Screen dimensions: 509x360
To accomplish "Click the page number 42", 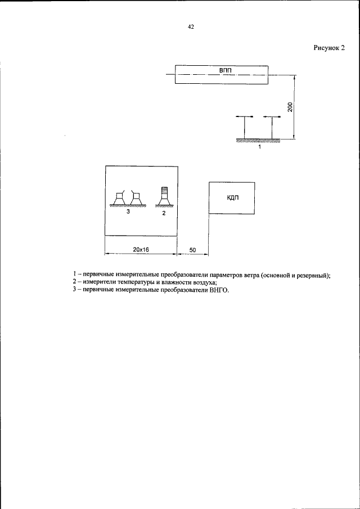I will coord(191,26).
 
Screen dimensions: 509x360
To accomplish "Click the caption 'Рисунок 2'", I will coord(328,48).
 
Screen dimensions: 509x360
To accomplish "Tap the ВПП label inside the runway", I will coord(225,69).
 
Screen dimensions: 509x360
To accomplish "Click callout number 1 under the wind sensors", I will coord(259,146).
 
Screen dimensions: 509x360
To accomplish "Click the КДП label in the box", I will coord(231,198).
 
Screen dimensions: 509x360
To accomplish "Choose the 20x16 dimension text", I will coord(141,248).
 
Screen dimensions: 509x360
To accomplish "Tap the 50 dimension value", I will coord(192,248).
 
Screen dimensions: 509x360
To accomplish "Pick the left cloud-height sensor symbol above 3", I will coord(119,197).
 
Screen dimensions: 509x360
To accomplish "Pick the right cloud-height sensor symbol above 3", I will coord(135,197).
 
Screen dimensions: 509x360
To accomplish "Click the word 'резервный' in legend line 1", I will coord(310,275).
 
